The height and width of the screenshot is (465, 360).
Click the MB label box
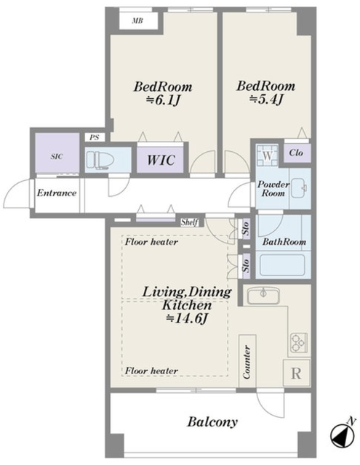coord(138,21)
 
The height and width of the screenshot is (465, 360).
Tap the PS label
coord(94,137)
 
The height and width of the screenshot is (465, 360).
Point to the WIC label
coord(161,160)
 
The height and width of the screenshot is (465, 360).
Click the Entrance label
coord(57,193)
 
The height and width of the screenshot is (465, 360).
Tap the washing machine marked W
coord(268,155)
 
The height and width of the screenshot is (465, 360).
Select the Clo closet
coord(297,153)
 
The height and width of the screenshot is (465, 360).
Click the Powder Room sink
coord(299,187)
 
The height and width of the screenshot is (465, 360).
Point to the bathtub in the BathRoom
coord(282,264)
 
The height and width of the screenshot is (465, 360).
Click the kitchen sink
coord(263,296)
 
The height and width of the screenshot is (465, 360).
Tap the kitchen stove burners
coord(299,342)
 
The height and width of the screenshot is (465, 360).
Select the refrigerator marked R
coord(296,373)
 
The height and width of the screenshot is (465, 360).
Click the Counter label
coord(247,362)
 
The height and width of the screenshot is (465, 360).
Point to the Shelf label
coord(189,222)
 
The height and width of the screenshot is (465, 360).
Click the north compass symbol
coord(342,434)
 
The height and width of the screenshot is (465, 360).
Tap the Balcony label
coord(212,421)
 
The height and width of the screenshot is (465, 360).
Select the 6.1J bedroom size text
coord(163,101)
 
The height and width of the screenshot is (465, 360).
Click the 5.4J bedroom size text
coord(266,100)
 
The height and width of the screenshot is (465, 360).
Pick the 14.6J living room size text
coord(186,318)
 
